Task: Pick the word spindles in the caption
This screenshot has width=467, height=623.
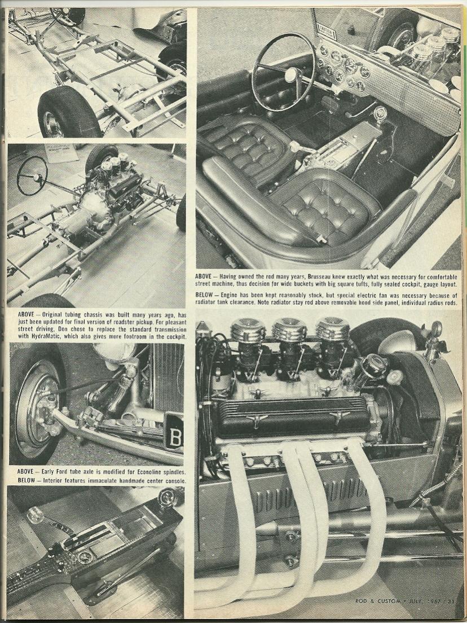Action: (x=174, y=472)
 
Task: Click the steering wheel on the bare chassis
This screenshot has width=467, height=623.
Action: (x=32, y=175)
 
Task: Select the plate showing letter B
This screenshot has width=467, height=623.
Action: (x=174, y=432)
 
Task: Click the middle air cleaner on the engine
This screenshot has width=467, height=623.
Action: (x=289, y=330)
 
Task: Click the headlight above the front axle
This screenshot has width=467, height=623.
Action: (x=115, y=352)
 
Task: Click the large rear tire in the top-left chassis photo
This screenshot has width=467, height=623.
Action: (x=68, y=113)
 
